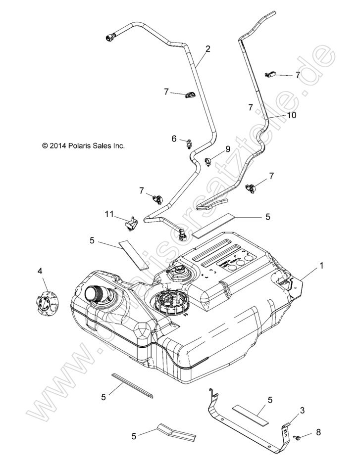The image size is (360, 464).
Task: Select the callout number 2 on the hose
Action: tap(207, 49)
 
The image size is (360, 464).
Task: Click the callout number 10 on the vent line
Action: tap(291, 115)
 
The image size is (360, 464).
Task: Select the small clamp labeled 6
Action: tap(189, 144)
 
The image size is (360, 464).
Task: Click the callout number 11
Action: tap(109, 214)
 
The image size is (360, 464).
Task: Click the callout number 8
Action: tap(318, 432)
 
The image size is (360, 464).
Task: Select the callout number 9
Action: tap(227, 149)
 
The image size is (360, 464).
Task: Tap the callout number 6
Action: tap(174, 139)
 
